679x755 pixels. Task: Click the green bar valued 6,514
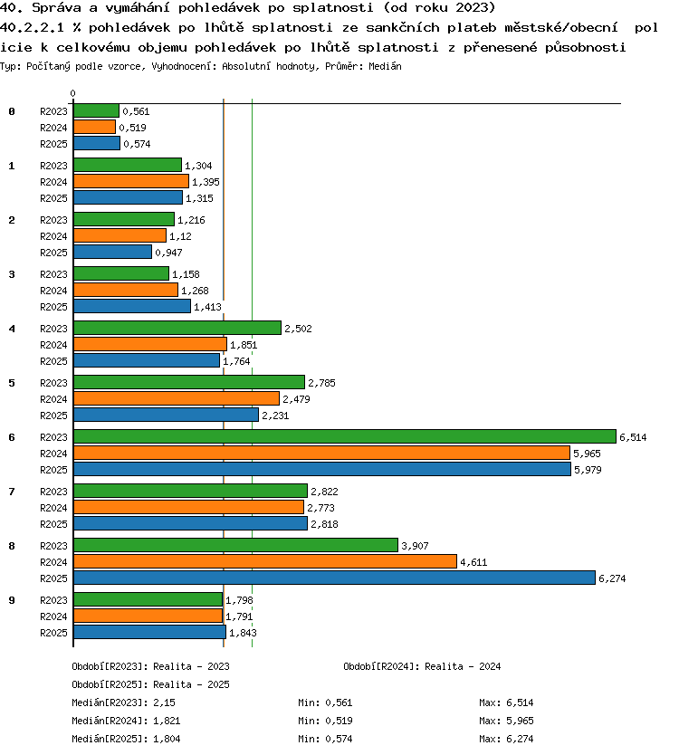point(345,436)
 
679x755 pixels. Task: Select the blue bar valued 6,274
point(334,578)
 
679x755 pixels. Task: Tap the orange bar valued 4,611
point(265,561)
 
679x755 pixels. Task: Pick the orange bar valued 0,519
point(95,127)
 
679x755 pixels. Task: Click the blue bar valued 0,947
point(112,252)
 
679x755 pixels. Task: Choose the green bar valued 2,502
point(177,328)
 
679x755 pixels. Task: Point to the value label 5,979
point(588,470)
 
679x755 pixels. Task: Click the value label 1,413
point(207,307)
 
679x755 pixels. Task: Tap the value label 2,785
point(321,383)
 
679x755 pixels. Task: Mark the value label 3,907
point(416,546)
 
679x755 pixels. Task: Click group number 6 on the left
point(12,437)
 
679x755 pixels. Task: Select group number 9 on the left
point(12,600)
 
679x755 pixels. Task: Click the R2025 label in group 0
point(53,144)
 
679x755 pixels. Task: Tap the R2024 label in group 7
point(53,508)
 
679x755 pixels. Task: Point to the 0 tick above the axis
point(72,93)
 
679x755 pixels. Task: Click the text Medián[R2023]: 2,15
point(124,702)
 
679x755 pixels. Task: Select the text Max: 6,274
point(506,739)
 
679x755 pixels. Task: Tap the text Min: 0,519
point(325,721)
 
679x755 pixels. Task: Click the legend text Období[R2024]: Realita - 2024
point(422,666)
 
